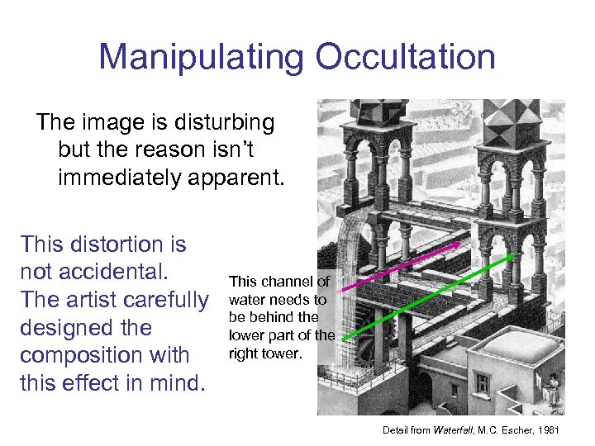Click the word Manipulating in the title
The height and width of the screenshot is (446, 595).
coord(200,57)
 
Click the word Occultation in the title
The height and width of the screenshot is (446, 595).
coord(405,57)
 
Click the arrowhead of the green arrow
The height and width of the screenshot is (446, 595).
coord(512,257)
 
